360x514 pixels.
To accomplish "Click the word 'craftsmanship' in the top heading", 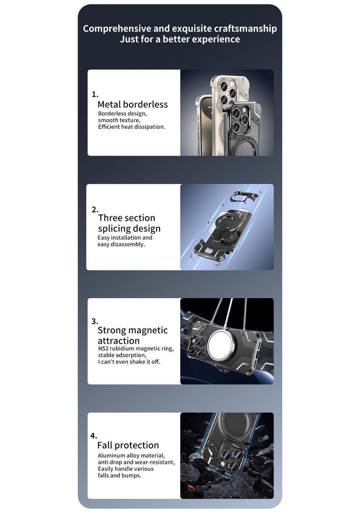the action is pos(246,29).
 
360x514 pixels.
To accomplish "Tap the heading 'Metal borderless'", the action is pos(133,104).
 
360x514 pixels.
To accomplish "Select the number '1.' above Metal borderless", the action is pos(95,94).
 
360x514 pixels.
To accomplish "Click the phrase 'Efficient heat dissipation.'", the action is pos(132,127).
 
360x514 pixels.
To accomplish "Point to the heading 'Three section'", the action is pos(127,218).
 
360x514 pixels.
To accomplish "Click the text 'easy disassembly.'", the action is pos(121,244).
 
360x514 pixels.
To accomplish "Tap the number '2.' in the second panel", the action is pos(95,209).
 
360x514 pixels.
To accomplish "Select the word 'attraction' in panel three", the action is pos(118,341).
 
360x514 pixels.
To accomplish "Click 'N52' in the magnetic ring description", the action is pos(103,348).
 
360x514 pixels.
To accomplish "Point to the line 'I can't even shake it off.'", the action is pos(129,362).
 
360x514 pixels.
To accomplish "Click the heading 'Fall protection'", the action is pos(128,445).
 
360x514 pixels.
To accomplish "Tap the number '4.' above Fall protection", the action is pos(94,436).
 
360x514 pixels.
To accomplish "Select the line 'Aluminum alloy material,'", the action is pos(131,456).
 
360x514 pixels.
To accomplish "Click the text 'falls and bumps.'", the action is pos(119,475).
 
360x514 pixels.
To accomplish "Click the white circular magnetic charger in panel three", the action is pos(220,345).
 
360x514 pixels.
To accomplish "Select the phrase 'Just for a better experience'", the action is pos(180,39).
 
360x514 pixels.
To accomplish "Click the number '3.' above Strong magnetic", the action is pos(95,321).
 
